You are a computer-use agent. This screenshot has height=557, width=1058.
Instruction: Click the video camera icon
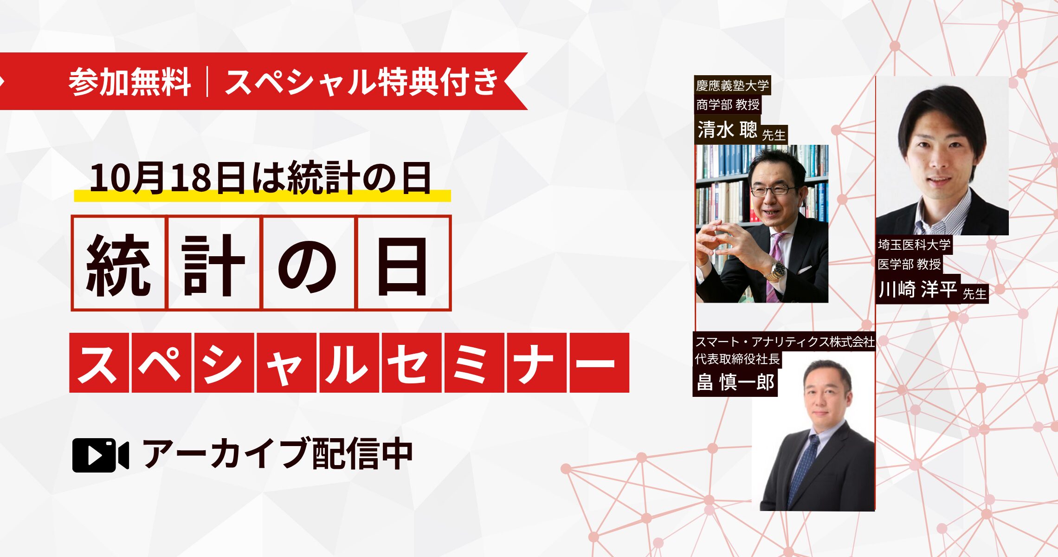100,455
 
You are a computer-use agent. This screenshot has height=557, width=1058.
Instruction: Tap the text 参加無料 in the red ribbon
130,82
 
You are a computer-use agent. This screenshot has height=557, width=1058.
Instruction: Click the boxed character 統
119,263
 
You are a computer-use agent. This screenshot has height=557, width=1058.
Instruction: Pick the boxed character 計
213,263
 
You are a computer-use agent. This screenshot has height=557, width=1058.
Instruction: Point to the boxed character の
308,263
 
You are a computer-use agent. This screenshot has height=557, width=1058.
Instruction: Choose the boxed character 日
403,263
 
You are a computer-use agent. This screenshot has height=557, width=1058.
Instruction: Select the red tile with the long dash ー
599,363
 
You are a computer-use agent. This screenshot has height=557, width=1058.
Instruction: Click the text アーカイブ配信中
277,454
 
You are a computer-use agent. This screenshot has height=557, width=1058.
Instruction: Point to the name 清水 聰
727,130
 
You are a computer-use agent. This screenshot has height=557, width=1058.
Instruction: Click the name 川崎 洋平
918,289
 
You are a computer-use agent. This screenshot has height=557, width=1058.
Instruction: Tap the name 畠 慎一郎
735,382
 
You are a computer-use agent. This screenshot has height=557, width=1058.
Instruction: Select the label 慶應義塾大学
732,85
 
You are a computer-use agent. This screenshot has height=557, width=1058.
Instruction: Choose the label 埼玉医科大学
914,245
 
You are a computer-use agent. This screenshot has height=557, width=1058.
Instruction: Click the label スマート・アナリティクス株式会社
784,342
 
